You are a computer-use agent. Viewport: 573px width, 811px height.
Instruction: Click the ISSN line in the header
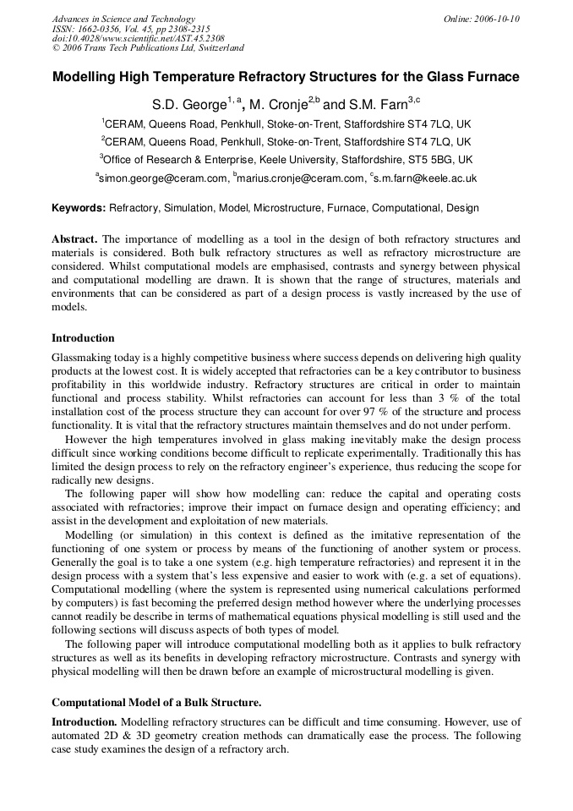tap(131, 29)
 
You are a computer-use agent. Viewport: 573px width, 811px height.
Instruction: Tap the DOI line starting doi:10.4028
tap(138, 38)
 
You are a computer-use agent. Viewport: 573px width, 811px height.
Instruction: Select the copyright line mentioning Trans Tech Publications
tap(148, 48)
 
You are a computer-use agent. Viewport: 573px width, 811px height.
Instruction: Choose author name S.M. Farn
tap(377, 106)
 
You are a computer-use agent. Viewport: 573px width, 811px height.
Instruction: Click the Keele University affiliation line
tap(286, 159)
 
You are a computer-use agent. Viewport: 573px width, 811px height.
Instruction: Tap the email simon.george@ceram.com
tap(163, 178)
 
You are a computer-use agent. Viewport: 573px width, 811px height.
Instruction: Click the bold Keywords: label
tap(79, 208)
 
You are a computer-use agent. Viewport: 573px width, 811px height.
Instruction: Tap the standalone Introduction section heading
tap(83, 338)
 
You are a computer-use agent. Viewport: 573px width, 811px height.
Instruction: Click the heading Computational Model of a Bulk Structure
tap(156, 702)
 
